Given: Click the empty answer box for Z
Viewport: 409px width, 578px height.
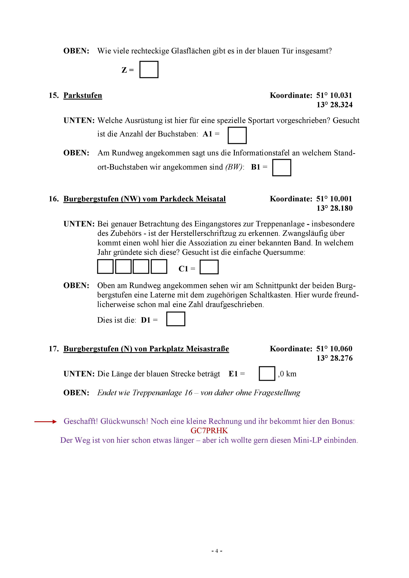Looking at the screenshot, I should [149, 70].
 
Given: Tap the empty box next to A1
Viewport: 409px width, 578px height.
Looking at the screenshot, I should [237, 135].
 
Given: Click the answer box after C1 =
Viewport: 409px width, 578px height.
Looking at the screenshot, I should [209, 267].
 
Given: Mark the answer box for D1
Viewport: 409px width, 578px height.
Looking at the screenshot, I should [176, 319].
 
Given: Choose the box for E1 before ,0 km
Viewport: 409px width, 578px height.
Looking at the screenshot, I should [267, 374].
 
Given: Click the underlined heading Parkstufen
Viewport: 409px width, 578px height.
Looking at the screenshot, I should [83, 95].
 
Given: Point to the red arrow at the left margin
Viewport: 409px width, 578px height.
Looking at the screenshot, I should [45, 422].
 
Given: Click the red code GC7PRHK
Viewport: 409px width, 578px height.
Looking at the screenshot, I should [209, 431].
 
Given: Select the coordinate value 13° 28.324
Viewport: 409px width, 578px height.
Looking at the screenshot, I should [334, 105].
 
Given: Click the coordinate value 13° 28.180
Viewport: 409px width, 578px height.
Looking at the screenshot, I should [334, 208].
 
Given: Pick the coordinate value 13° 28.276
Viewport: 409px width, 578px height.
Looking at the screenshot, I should [334, 358].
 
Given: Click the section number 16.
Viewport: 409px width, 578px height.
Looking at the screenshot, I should [53, 199].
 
